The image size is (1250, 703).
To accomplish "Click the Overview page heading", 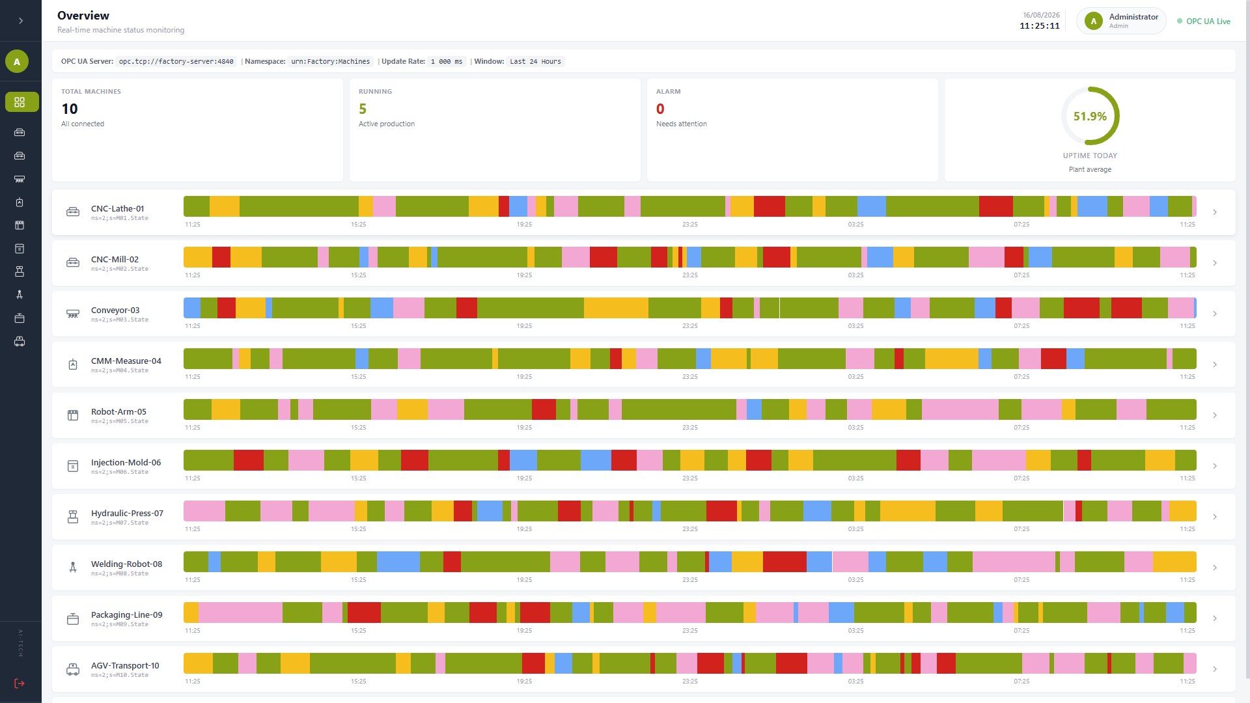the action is coord(83,16).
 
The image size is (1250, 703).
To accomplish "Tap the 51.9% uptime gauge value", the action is coord(1090,117).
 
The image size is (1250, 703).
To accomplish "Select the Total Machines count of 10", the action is coord(70,109).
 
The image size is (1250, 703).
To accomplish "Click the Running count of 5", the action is coord(363,109).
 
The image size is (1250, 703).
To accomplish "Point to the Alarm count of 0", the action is coord(660,109).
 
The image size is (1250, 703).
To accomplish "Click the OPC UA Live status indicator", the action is coord(1204,21).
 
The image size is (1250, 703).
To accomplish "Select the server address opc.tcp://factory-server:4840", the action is coord(176,62).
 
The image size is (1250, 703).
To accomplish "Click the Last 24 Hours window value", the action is coord(535,62).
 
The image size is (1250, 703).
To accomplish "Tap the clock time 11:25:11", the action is coord(1040,26).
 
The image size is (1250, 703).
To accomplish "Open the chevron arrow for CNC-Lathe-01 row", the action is coord(1215,212).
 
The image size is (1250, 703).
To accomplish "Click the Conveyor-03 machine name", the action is coord(115,310).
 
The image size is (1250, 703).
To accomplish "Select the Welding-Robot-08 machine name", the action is coord(126,564).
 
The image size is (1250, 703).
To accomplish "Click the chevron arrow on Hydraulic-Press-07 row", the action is coord(1215,517).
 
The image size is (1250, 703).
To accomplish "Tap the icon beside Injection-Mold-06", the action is coord(73,466).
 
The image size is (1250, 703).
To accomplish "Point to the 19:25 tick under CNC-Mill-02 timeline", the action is coord(524,275).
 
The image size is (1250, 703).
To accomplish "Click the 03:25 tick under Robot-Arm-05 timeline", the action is coord(855,428).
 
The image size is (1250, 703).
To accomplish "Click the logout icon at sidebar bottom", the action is coord(20,683).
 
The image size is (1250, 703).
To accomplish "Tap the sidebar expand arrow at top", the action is coord(21,21).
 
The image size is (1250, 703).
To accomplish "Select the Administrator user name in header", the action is coord(1133,17).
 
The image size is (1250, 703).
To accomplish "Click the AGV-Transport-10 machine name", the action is coord(125,666).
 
